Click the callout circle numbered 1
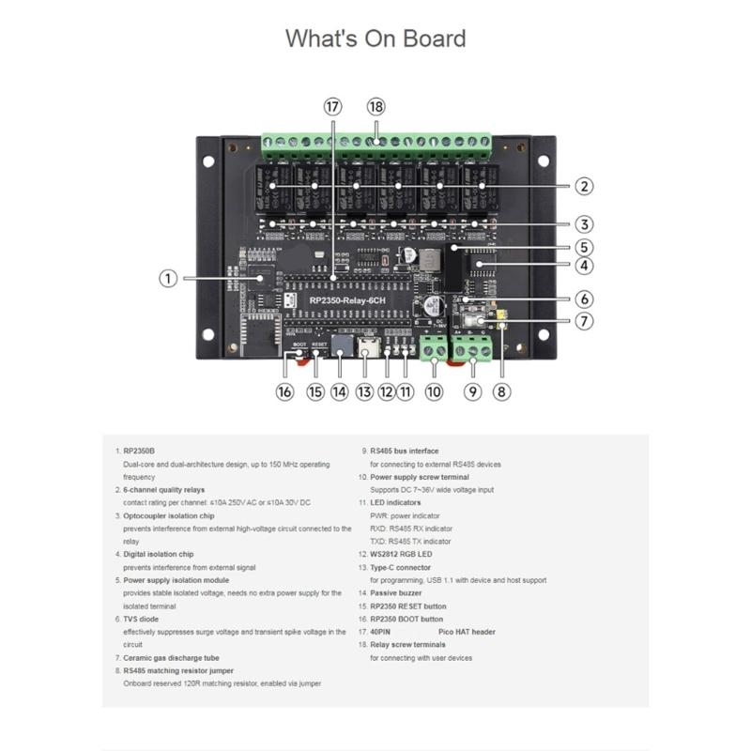pos(167,278)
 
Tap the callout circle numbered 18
pos(375,107)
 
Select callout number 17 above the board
pos(331,107)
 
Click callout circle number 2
pos(584,186)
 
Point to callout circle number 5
pos(584,248)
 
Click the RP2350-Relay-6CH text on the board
pos(347,299)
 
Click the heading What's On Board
pos(375,38)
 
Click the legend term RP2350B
pos(139,451)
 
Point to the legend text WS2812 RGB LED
pos(402,555)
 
